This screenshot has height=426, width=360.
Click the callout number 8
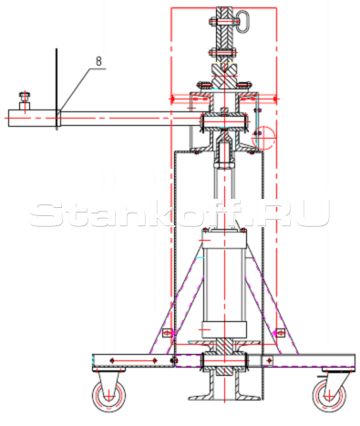pyautogui.click(x=98, y=61)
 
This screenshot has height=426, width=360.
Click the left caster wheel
pyautogui.click(x=108, y=396)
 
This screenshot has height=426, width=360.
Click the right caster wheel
pyautogui.click(x=329, y=396)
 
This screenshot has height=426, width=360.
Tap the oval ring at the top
pyautogui.click(x=242, y=21)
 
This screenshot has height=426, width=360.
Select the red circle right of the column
pyautogui.click(x=263, y=138)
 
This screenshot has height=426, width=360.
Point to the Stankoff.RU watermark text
pyautogui.click(x=180, y=213)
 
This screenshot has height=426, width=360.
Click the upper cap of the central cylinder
pyautogui.click(x=224, y=239)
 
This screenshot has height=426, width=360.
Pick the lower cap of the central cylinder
pyautogui.click(x=224, y=329)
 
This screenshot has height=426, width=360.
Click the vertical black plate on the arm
pyautogui.click(x=57, y=89)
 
